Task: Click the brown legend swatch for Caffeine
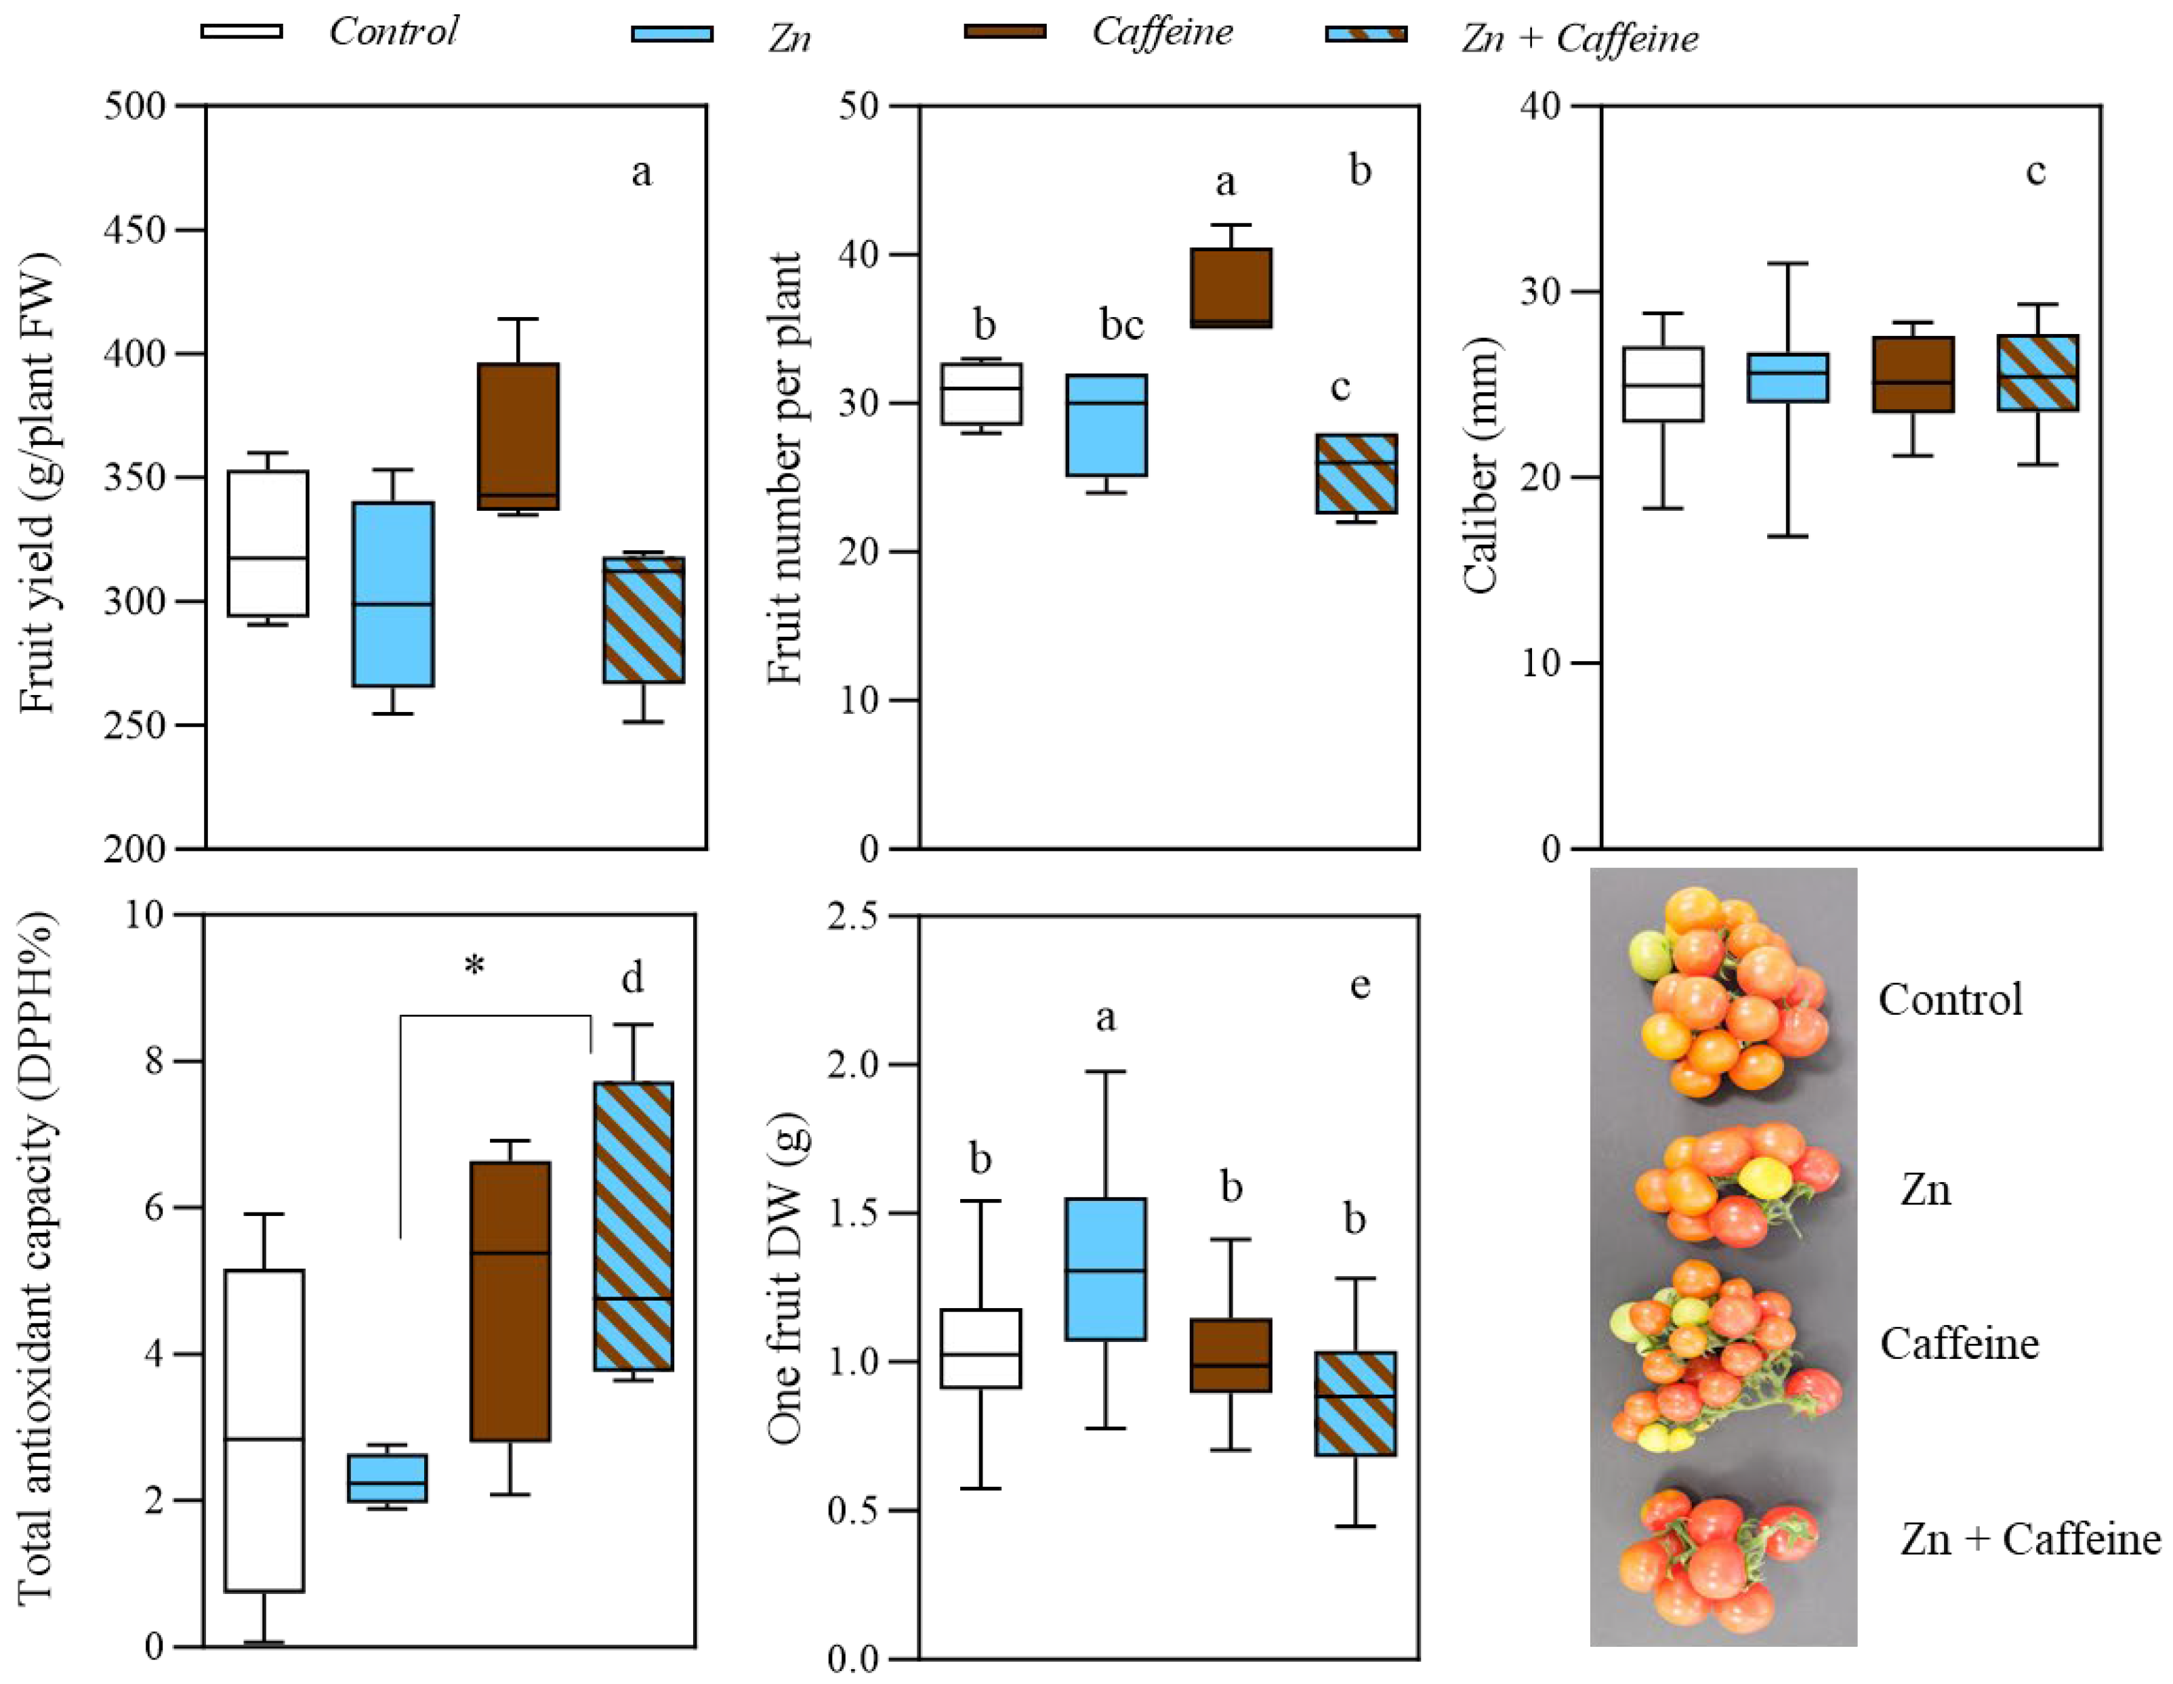tap(1005, 32)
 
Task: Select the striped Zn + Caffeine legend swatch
tap(1366, 35)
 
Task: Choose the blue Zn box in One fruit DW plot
tap(1105, 1269)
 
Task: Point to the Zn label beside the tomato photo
tap(1925, 1190)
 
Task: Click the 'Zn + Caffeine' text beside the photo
tap(2030, 1540)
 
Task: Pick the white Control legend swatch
tap(242, 32)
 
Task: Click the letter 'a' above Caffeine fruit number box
tap(1226, 182)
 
